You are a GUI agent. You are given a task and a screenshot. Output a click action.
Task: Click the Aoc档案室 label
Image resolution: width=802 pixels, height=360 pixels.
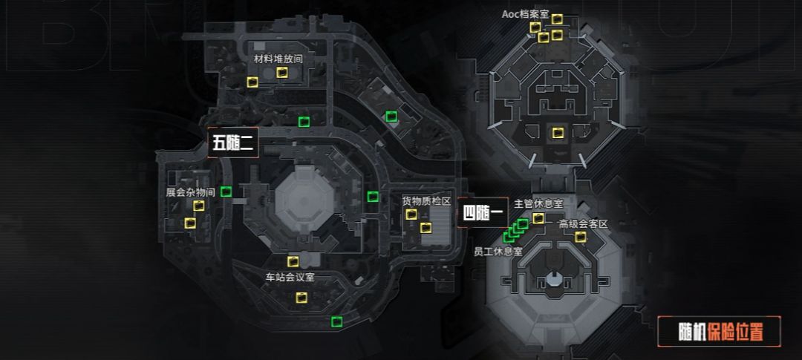click(525, 15)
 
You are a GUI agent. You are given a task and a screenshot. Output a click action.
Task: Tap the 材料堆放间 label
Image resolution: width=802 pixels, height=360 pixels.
click(278, 59)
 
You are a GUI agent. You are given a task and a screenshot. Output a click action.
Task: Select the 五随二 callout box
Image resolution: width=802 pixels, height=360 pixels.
click(232, 143)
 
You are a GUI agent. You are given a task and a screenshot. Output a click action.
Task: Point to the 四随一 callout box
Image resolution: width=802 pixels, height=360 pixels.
click(483, 212)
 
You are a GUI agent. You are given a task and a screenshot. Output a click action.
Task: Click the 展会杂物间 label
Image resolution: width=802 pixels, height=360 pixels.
click(190, 193)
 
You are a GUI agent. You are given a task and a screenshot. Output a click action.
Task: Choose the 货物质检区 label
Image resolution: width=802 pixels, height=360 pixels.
click(426, 201)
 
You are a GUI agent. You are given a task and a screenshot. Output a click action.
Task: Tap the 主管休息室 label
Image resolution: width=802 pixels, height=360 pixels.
click(538, 203)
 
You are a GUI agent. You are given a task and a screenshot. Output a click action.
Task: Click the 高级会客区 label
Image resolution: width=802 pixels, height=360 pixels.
click(583, 224)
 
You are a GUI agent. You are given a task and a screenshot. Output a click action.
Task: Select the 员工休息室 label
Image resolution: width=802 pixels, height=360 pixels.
click(498, 251)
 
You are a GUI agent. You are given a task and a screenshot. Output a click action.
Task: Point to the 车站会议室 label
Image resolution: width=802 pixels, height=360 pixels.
click(290, 278)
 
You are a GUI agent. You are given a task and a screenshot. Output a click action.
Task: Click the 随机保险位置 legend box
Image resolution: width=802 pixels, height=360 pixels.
click(719, 332)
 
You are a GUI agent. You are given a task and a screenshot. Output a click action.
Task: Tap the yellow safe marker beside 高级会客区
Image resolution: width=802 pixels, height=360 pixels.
click(580, 237)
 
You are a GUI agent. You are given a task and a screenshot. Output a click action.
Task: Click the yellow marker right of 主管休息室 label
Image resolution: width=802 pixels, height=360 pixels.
click(538, 218)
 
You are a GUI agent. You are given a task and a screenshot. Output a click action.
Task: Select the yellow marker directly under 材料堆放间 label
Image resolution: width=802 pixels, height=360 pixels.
click(282, 73)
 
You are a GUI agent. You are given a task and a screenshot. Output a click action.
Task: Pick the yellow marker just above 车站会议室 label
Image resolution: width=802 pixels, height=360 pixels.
click(293, 262)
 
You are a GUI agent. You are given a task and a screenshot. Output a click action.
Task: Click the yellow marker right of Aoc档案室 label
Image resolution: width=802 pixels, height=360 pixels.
click(557, 19)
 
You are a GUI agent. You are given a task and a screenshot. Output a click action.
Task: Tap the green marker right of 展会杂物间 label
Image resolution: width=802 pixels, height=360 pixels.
click(226, 192)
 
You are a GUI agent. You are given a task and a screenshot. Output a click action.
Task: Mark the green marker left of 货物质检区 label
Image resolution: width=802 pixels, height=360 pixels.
click(373, 197)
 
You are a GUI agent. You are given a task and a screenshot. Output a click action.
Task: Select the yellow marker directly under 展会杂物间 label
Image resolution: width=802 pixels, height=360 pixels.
click(198, 206)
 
